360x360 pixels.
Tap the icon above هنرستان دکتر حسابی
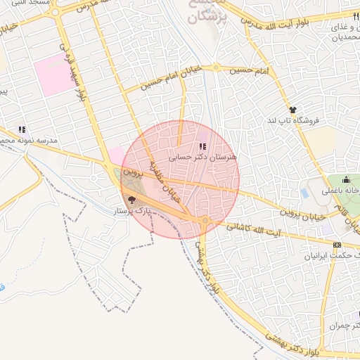click(202, 146)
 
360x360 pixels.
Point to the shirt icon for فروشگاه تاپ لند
click(292, 110)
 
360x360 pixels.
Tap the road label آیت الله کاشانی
click(253, 230)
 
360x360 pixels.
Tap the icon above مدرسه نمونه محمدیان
click(22, 130)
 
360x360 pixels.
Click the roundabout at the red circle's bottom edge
click(205, 221)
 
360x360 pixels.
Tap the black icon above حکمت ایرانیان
click(337, 244)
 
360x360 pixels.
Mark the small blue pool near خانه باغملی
click(304, 192)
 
